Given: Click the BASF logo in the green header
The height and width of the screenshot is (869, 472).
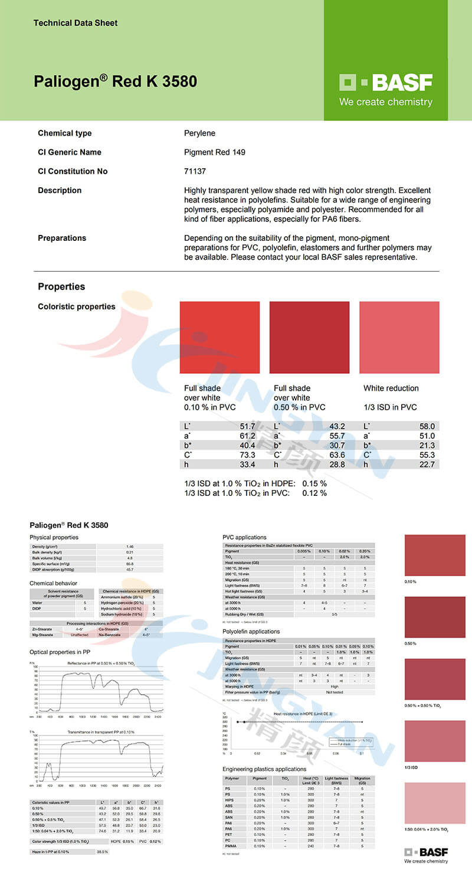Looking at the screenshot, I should pos(386,83).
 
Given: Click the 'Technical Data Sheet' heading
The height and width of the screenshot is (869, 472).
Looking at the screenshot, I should pos(76,23).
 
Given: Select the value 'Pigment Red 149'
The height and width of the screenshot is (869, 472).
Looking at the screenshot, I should pos(215,152).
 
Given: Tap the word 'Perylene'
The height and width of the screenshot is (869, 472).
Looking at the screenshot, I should pos(201,133).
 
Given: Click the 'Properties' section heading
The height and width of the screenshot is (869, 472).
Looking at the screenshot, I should pos(61,286).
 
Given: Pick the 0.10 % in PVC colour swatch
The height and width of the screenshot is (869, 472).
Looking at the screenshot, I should pos(219,338).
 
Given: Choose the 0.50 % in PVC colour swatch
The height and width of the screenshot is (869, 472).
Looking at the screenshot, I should pos(309,338).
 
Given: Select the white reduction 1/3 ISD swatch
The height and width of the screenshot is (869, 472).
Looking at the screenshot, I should pos(399,338).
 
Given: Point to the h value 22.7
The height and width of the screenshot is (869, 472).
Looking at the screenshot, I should pos(427,465).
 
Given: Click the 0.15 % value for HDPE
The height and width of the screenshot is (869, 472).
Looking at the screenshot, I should pos(314,483).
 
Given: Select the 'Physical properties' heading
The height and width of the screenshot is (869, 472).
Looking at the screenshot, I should pos(54,537).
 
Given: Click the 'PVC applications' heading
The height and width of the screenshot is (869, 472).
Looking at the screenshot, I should pos(244,537).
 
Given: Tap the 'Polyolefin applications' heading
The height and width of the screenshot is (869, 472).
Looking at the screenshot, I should pos(251,631).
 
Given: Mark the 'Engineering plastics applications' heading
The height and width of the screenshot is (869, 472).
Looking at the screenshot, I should pos(264,769).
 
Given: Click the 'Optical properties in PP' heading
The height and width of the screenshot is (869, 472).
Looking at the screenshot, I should pos(60,652).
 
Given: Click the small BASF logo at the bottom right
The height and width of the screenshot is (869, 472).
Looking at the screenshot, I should pos(426,853).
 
